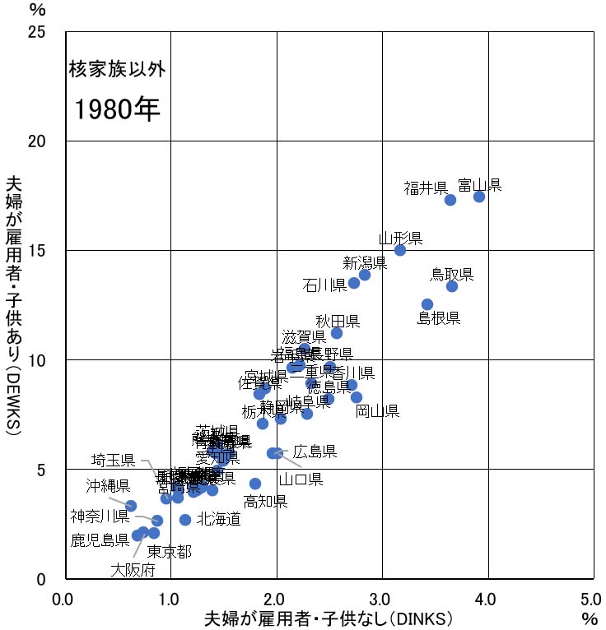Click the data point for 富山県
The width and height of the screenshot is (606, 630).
tap(479, 197)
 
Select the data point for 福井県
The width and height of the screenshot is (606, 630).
tap(450, 200)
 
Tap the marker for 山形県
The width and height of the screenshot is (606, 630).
tap(400, 250)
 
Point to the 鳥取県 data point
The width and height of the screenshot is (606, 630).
tap(452, 286)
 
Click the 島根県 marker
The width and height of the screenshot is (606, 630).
tap(427, 304)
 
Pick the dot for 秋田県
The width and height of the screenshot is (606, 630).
tap(337, 333)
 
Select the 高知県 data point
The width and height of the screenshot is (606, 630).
tap(255, 484)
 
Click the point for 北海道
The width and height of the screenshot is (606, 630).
tap(185, 520)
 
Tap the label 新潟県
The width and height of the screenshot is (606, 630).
tap(365, 263)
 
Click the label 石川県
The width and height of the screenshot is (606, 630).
tap(324, 285)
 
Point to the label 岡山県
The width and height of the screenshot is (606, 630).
tap(377, 411)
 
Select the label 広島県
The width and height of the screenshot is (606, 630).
tap(315, 451)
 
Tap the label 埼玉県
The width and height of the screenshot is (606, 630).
tap(113, 460)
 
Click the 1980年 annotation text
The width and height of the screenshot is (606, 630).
tap(118, 109)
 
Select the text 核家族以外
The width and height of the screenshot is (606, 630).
tap(118, 69)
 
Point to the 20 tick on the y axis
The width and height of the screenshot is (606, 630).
tap(49, 141)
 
